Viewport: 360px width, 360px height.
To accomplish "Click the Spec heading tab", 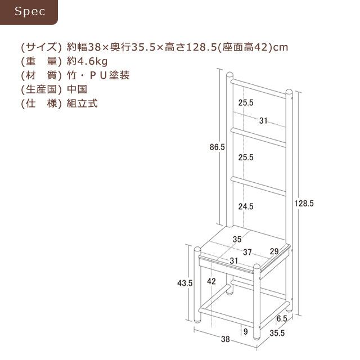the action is coord(29,12).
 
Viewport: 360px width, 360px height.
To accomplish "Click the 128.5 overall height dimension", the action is coord(304,203).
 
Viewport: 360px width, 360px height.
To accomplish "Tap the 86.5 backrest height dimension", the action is coord(217,147).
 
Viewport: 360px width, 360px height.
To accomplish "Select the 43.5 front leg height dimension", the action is coord(185,283).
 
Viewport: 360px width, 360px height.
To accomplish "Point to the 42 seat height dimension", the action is coord(211,281).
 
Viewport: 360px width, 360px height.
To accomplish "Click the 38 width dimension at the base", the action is coord(226,339).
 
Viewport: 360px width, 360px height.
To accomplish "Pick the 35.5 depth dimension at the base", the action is coord(277,333).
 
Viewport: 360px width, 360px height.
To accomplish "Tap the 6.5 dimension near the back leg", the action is coord(282,318).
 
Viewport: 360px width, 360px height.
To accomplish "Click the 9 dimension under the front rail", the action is coord(246,331).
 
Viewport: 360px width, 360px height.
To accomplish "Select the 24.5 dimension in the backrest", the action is coord(246,206).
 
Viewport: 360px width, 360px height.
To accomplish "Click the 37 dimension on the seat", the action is coord(247,252).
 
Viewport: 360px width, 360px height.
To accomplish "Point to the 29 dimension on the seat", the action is coord(274,251).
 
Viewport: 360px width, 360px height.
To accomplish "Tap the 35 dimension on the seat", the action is coord(237,239).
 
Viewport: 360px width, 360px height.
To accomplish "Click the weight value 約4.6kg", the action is coord(87,61).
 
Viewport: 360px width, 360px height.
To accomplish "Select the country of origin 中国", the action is coord(77,89).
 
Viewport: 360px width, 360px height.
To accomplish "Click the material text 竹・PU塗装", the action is coord(98,75).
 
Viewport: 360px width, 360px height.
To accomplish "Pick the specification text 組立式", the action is coord(82,103).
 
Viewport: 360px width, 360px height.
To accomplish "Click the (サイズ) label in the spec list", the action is coord(41,47).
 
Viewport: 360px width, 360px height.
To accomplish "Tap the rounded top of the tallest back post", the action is coord(229,75).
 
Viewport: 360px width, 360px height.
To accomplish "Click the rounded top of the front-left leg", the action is coord(197,250).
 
